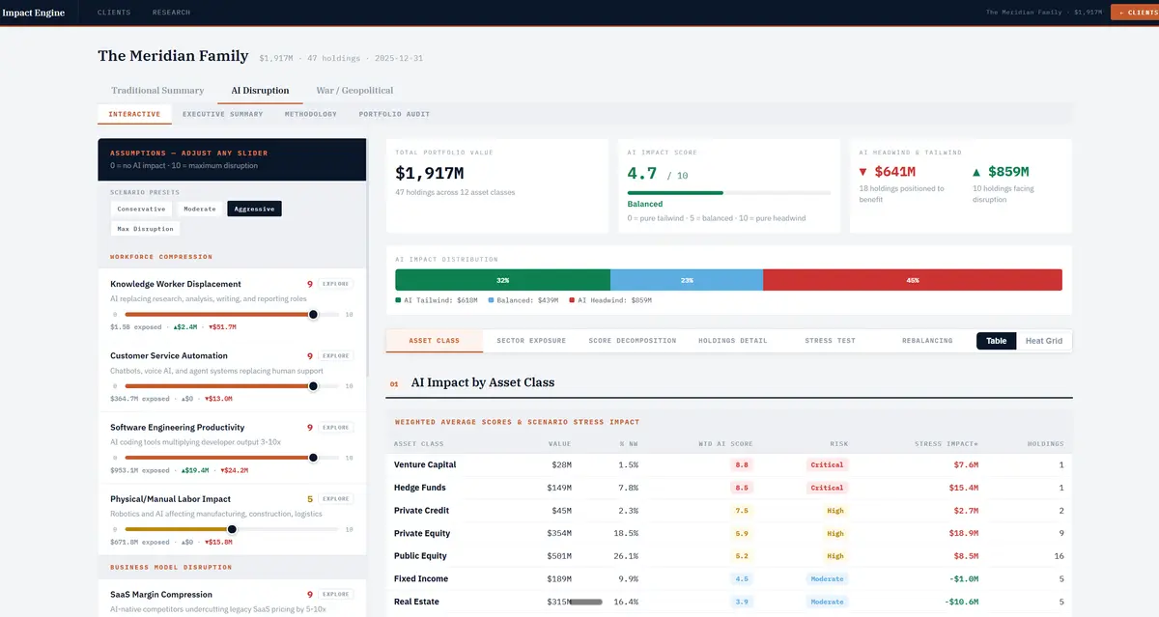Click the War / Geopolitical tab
[354, 91]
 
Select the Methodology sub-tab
[311, 114]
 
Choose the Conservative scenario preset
[141, 209]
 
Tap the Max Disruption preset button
[145, 229]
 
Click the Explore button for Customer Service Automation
[336, 356]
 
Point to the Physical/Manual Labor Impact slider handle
[232, 529]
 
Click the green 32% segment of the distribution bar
[502, 280]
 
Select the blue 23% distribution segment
[686, 280]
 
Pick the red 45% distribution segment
[912, 280]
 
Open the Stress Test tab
[830, 341]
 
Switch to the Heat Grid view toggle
[1043, 341]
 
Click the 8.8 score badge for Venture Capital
[742, 464]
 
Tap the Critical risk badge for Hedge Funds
[827, 488]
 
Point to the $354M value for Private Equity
[559, 533]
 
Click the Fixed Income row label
[420, 579]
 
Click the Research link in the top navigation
[171, 13]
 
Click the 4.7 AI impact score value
[642, 174]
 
